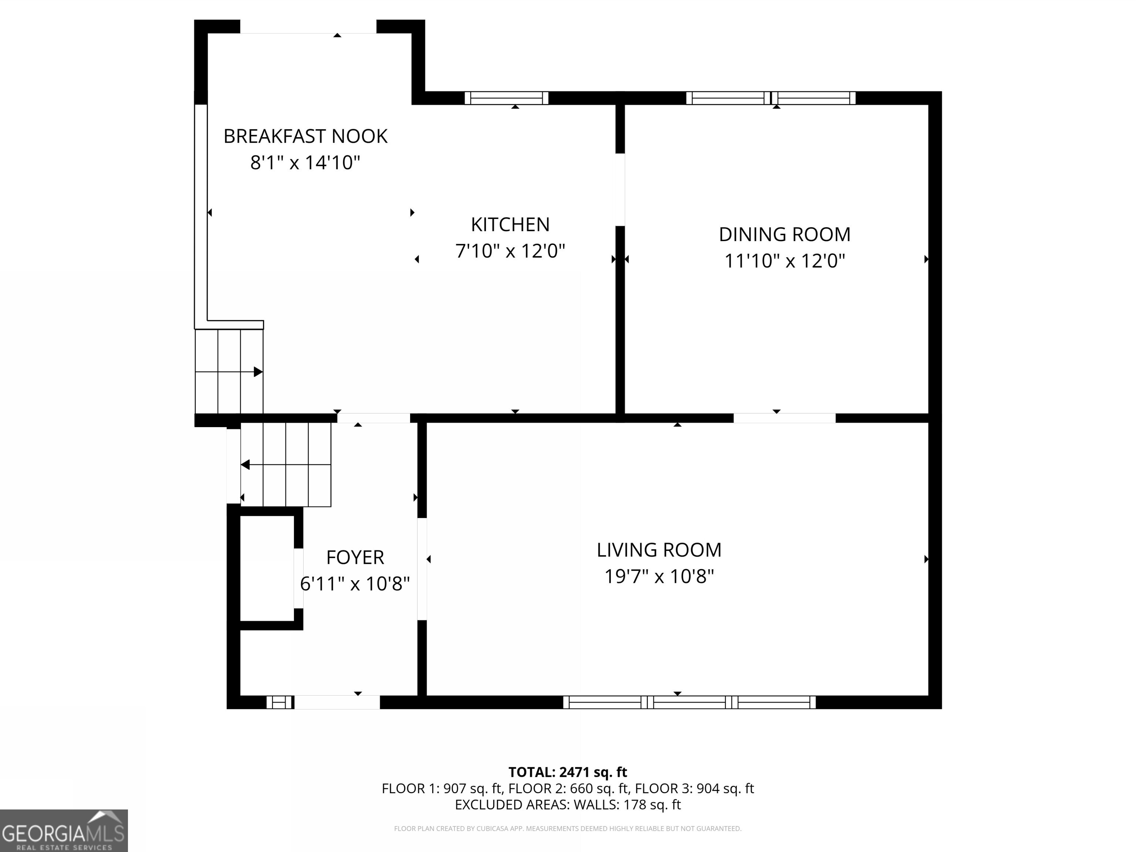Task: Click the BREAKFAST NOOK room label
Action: click(x=305, y=136)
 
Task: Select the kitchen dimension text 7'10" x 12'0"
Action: click(x=510, y=251)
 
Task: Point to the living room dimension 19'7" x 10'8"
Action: click(x=659, y=576)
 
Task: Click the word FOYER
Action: click(x=355, y=557)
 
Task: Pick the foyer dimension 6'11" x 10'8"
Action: click(x=355, y=584)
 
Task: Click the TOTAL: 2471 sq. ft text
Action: click(x=568, y=772)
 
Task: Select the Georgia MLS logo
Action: click(x=64, y=831)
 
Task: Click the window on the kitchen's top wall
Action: click(x=506, y=98)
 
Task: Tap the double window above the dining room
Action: click(x=771, y=98)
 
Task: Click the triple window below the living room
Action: click(x=689, y=702)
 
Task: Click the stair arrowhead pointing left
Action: click(x=246, y=465)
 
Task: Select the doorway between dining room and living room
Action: click(x=784, y=418)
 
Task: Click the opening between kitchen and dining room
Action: click(x=620, y=189)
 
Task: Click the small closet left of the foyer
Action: click(x=267, y=568)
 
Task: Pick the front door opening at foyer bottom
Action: click(x=337, y=702)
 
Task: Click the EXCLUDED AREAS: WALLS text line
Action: click(x=568, y=805)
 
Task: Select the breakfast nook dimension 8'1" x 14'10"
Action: click(x=305, y=163)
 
